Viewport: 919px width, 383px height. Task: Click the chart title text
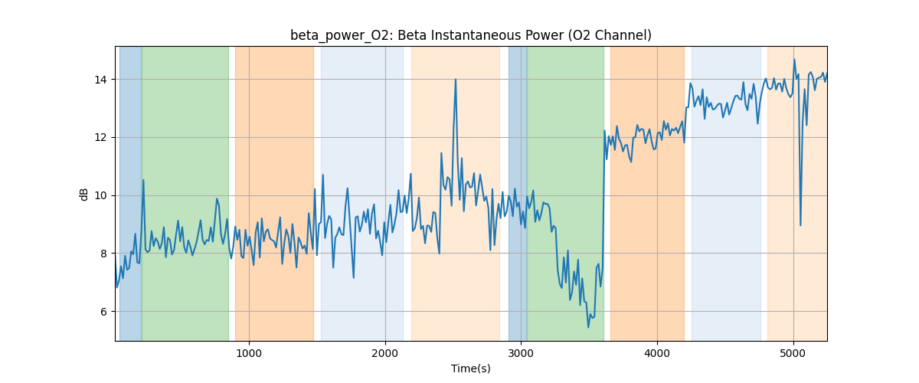[470, 35]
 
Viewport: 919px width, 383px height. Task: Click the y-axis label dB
[84, 194]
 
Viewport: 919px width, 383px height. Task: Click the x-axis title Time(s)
[470, 368]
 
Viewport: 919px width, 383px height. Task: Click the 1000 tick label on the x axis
[249, 353]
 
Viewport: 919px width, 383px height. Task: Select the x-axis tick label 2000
[385, 353]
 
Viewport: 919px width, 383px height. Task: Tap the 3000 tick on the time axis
[521, 353]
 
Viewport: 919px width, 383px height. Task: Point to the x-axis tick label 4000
[657, 353]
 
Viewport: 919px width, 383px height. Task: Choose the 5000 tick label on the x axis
[793, 353]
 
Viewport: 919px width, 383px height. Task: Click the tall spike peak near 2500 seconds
[456, 79]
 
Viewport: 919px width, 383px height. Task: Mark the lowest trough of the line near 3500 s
[588, 327]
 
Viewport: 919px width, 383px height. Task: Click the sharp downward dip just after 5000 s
[800, 224]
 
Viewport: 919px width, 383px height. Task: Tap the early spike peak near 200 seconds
[143, 180]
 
